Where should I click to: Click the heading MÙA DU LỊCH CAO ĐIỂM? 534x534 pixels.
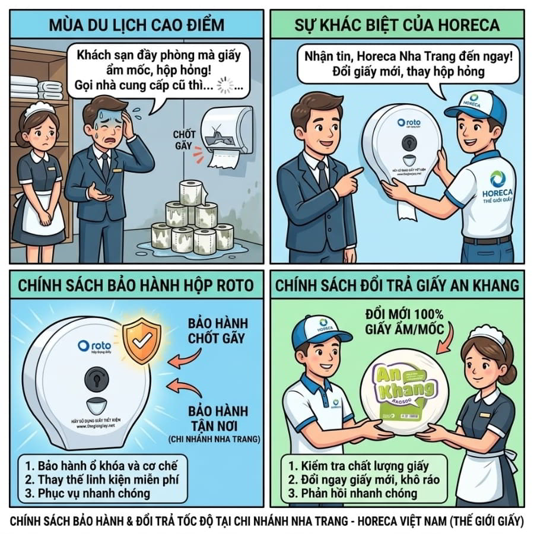(x=136, y=25)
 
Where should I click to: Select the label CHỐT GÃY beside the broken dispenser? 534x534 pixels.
(x=185, y=140)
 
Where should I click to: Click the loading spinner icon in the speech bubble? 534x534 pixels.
(x=226, y=87)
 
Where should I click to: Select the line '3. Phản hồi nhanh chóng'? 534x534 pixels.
(x=352, y=493)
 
